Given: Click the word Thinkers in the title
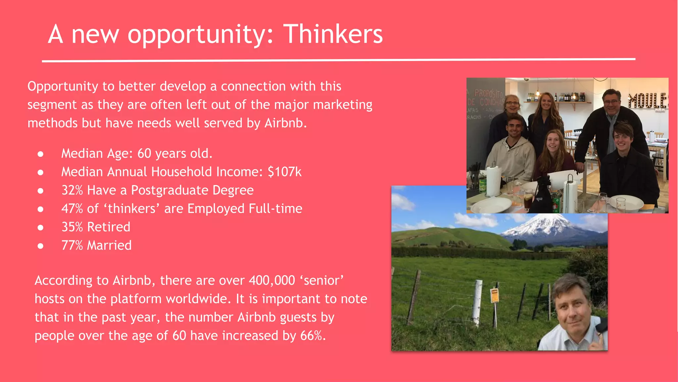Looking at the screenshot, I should click(333, 34).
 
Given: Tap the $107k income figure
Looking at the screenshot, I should click(284, 172).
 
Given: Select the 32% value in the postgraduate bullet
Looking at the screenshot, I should click(72, 190).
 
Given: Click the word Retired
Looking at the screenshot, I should click(109, 227).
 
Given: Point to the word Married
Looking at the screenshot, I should click(109, 245).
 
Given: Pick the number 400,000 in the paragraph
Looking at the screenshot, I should click(271, 281).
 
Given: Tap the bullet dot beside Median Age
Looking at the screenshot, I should click(40, 154).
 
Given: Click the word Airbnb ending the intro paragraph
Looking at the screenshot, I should click(285, 123).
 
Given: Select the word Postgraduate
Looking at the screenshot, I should click(170, 190).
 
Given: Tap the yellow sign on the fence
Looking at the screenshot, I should click(495, 295).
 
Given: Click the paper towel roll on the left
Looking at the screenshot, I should click(494, 181).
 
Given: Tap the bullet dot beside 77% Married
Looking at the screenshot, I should click(40, 246).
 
